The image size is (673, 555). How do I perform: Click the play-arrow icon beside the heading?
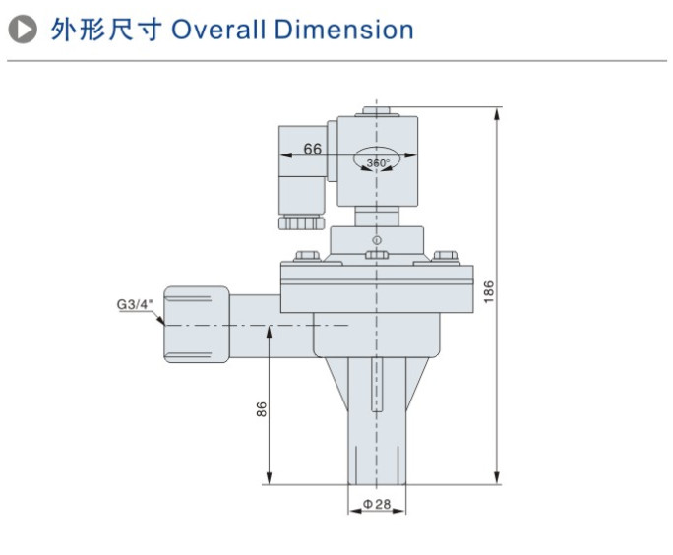pos(19,30)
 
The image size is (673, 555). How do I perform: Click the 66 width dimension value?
pos(313,150)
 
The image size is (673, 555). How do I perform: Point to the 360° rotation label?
pos(378,162)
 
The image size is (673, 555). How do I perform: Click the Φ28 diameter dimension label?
pos(377,504)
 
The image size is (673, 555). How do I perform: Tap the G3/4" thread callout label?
pos(134,304)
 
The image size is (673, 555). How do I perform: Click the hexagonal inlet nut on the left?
pos(197,325)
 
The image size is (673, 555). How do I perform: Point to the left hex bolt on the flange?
pos(306,257)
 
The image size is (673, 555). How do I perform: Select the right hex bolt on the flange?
pos(444,257)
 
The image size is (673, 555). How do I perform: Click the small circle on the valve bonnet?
pos(375,239)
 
